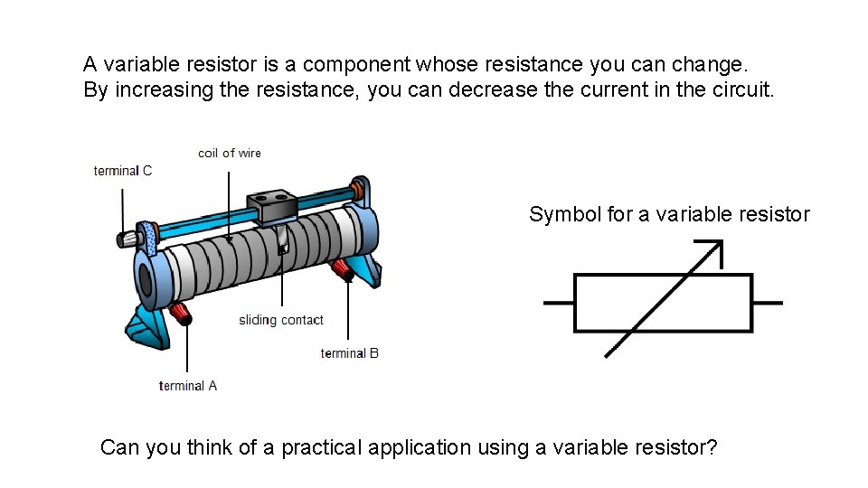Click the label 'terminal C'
[122, 171]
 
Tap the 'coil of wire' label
[230, 154]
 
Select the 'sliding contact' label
[281, 320]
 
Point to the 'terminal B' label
[350, 353]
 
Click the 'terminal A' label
[188, 386]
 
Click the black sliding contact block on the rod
[273, 207]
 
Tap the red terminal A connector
[181, 314]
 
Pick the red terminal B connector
[343, 267]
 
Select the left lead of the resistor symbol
[558, 303]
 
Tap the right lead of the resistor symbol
[768, 303]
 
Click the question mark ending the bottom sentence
[712, 447]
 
